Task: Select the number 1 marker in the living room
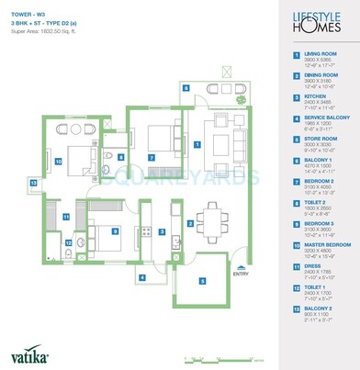coord(198,144)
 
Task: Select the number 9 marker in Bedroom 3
coord(114,231)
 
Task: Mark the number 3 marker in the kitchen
coord(161,232)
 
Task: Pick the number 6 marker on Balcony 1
coord(186,89)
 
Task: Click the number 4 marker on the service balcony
coord(141,276)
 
